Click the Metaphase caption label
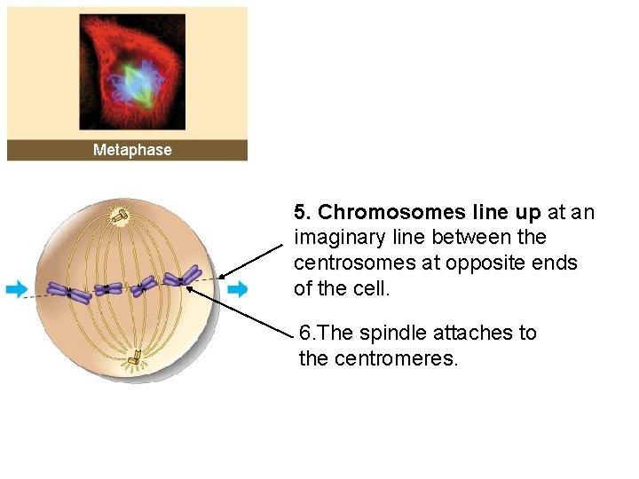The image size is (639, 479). tap(132, 150)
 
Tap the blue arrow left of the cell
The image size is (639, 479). tap(16, 289)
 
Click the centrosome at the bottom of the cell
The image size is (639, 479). tap(134, 358)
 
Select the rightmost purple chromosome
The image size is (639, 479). tap(184, 279)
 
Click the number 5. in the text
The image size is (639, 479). tap(302, 213)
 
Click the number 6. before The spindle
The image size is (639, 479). tap(307, 334)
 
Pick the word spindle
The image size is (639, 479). tap(395, 334)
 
